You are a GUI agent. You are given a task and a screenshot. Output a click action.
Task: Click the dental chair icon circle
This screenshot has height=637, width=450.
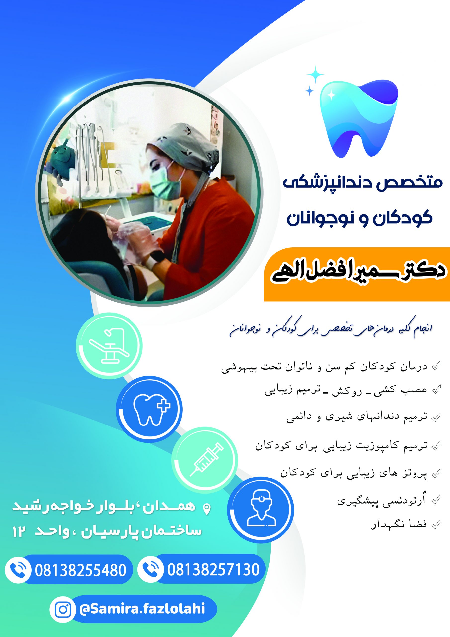[x=109, y=346]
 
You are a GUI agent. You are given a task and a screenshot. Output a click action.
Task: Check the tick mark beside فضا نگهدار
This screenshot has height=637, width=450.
[x=436, y=524]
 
